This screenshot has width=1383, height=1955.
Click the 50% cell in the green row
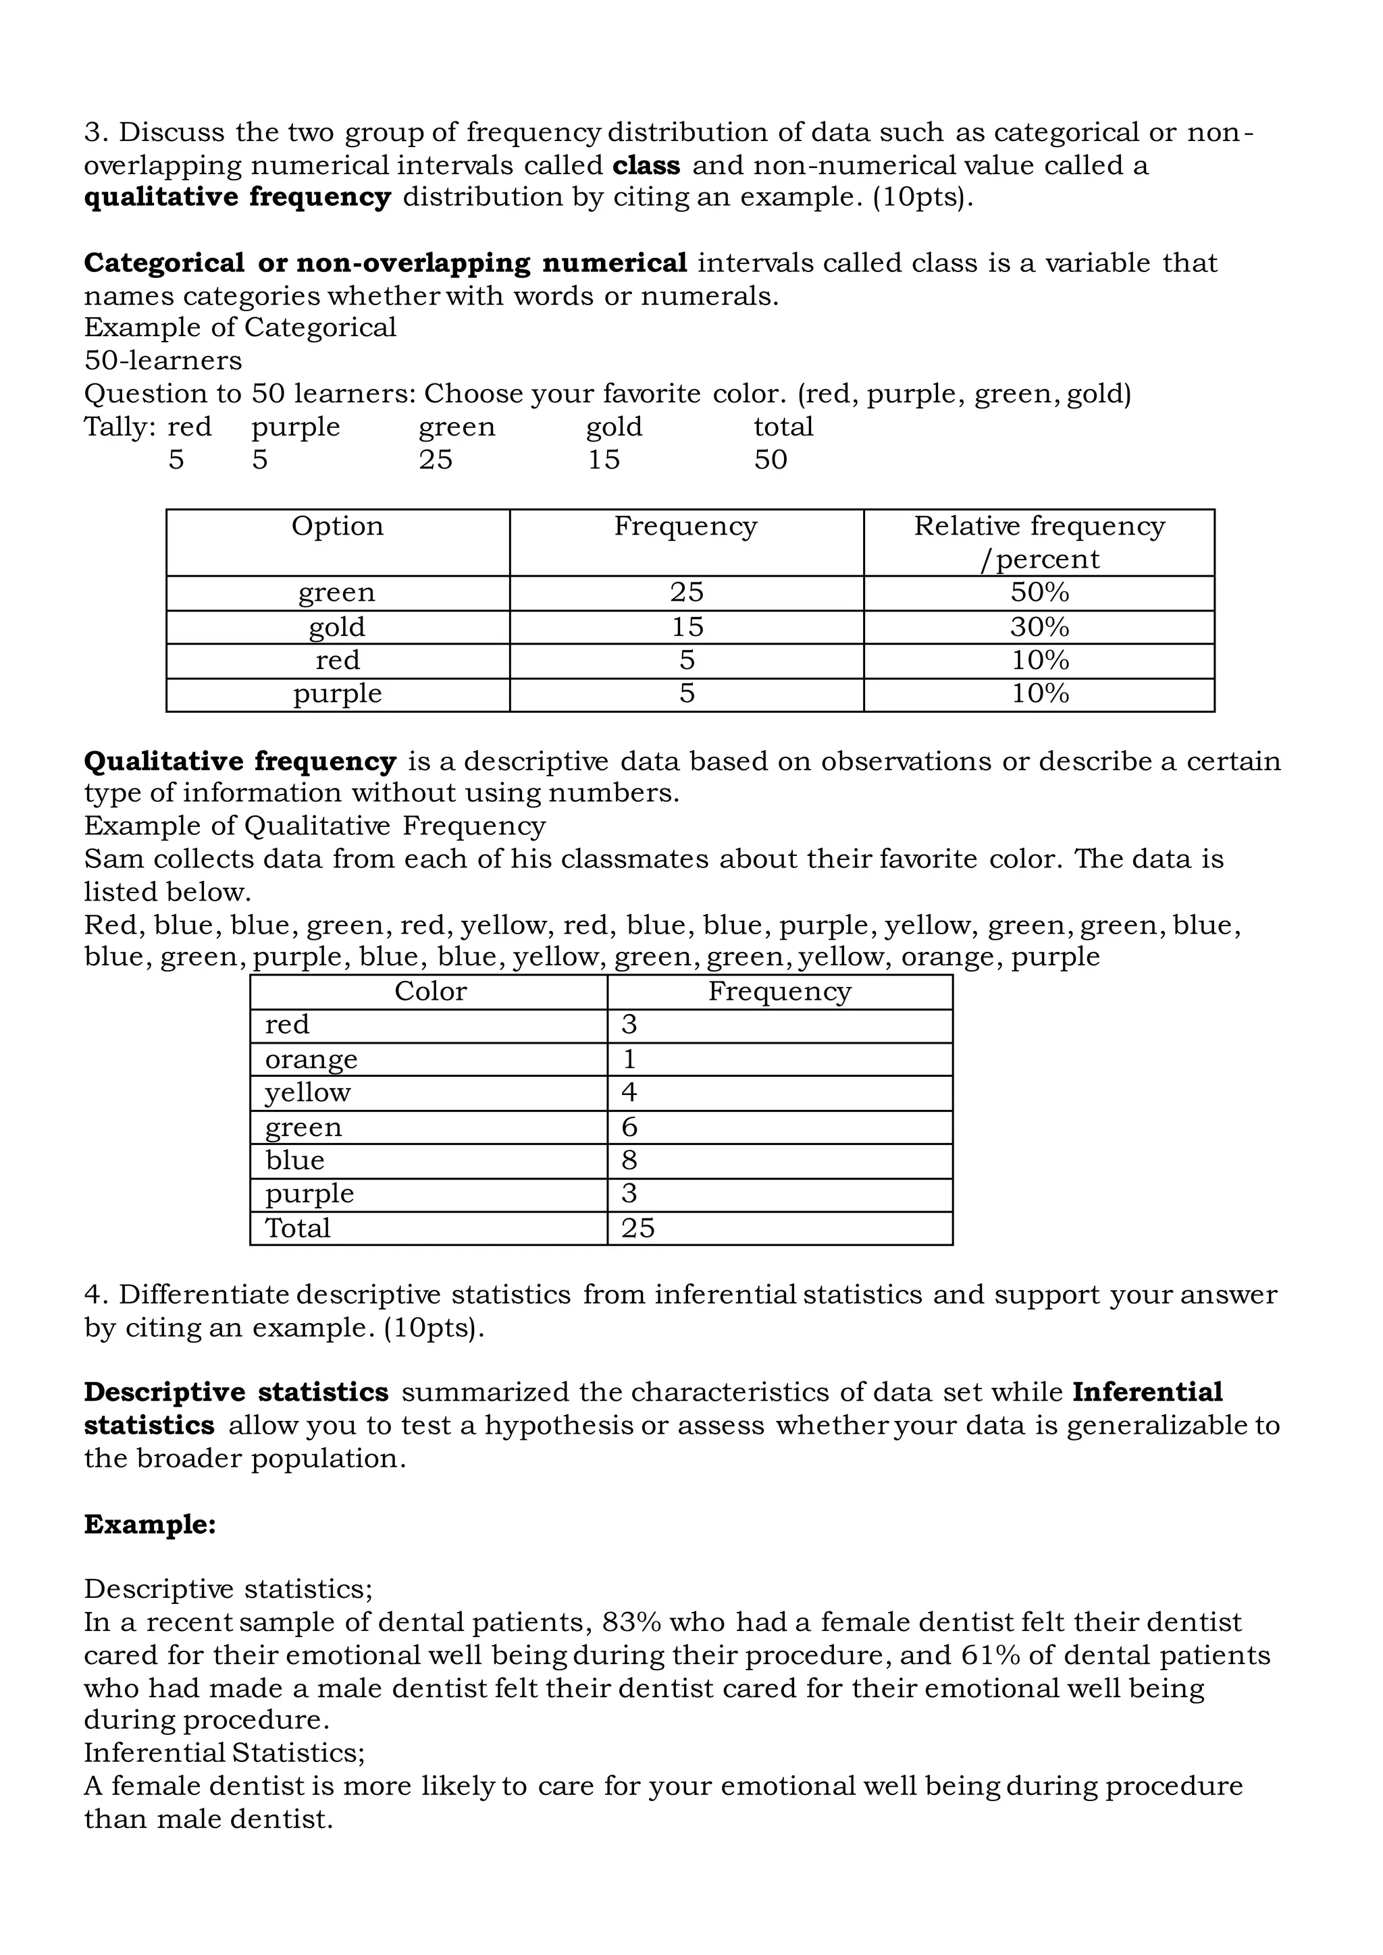coord(1039,593)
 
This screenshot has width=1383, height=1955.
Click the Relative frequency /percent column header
coord(1039,542)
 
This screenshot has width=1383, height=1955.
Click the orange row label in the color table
coord(311,1059)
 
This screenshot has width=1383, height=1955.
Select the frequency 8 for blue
coord(629,1160)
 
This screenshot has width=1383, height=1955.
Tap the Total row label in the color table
coord(297,1228)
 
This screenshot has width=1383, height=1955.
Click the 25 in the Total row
coord(638,1228)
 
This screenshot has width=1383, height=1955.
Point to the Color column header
coord(430,991)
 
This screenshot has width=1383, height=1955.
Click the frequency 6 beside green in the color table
coord(629,1127)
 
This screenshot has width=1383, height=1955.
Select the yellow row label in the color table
coord(307,1092)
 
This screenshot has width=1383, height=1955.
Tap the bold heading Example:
coord(150,1524)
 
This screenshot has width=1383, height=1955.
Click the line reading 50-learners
coord(163,360)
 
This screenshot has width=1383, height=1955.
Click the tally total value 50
coord(770,460)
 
